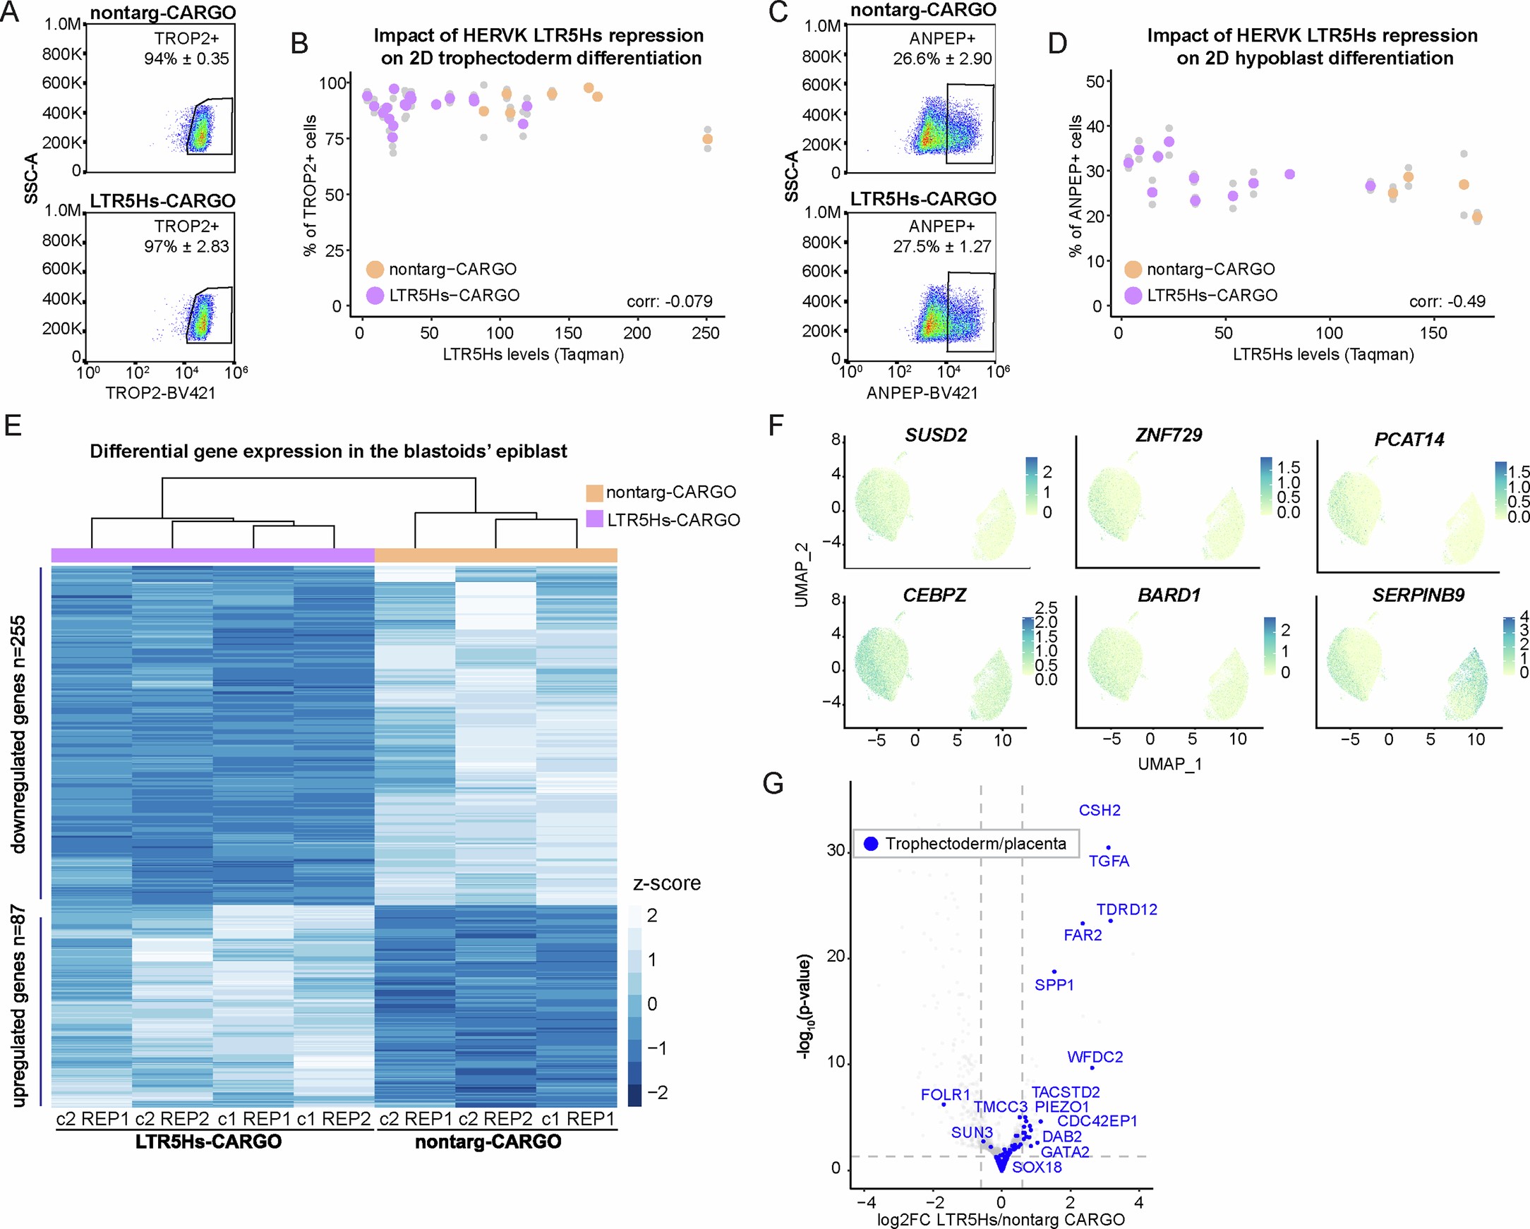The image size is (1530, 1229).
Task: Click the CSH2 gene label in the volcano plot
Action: pyautogui.click(x=1100, y=811)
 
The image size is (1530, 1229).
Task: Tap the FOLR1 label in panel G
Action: pyautogui.click(x=945, y=1095)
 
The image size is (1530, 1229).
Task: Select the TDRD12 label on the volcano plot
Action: pyautogui.click(x=1126, y=909)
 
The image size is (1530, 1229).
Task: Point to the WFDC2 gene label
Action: pyautogui.click(x=1095, y=1058)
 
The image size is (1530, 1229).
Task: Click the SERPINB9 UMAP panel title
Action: pyautogui.click(x=1418, y=595)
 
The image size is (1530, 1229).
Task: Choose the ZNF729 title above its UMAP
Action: pyautogui.click(x=1169, y=435)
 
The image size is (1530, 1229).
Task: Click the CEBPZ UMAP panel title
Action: pyautogui.click(x=934, y=595)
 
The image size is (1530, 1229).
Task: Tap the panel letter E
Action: pyautogui.click(x=13, y=425)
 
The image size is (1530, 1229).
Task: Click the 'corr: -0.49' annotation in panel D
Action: pyautogui.click(x=1447, y=301)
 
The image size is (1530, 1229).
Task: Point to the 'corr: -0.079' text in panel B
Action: pyautogui.click(x=669, y=301)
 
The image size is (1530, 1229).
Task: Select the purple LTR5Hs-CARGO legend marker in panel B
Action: pyautogui.click(x=375, y=295)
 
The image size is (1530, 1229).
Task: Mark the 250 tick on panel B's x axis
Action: pyautogui.click(x=706, y=333)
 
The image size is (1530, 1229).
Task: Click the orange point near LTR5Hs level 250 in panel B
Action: pyautogui.click(x=708, y=139)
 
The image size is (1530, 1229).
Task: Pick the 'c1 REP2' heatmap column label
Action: pyautogui.click(x=334, y=1119)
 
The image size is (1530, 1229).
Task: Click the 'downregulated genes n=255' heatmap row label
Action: pyautogui.click(x=19, y=734)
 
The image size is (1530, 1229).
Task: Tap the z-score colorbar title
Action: pyautogui.click(x=666, y=883)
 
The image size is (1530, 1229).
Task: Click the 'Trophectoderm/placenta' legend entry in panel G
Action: pyautogui.click(x=975, y=844)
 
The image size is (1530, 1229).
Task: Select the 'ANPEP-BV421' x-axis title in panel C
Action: pyautogui.click(x=922, y=393)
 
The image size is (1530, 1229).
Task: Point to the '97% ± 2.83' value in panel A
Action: pyautogui.click(x=186, y=247)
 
